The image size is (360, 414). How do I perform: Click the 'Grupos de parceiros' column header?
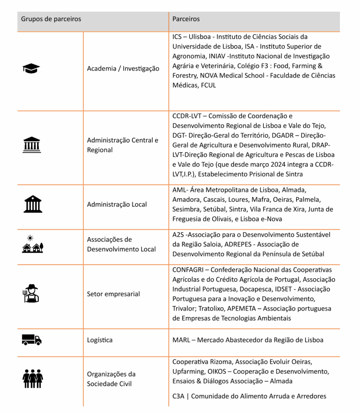pyautogui.click(x=51, y=19)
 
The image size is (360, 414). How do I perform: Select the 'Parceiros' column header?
pyautogui.click(x=186, y=19)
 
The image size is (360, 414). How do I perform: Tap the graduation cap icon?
pyautogui.click(x=32, y=69)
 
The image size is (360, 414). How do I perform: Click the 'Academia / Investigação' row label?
pyautogui.click(x=123, y=69)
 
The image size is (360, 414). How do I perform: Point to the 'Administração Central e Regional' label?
pyautogui.click(x=122, y=145)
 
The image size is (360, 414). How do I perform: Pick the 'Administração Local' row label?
pyautogui.click(x=117, y=205)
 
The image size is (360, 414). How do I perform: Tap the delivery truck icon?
pyautogui.click(x=32, y=340)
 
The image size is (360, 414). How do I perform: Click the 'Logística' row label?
pyautogui.click(x=100, y=340)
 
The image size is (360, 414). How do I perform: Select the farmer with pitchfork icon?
pyautogui.click(x=31, y=294)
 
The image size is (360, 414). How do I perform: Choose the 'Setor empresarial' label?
pyautogui.click(x=114, y=294)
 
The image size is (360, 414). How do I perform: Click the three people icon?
pyautogui.click(x=32, y=379)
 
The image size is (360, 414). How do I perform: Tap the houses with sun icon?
pyautogui.click(x=32, y=244)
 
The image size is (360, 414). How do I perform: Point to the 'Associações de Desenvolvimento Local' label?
pyautogui.click(x=121, y=244)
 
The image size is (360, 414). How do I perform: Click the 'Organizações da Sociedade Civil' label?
pyautogui.click(x=111, y=378)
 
